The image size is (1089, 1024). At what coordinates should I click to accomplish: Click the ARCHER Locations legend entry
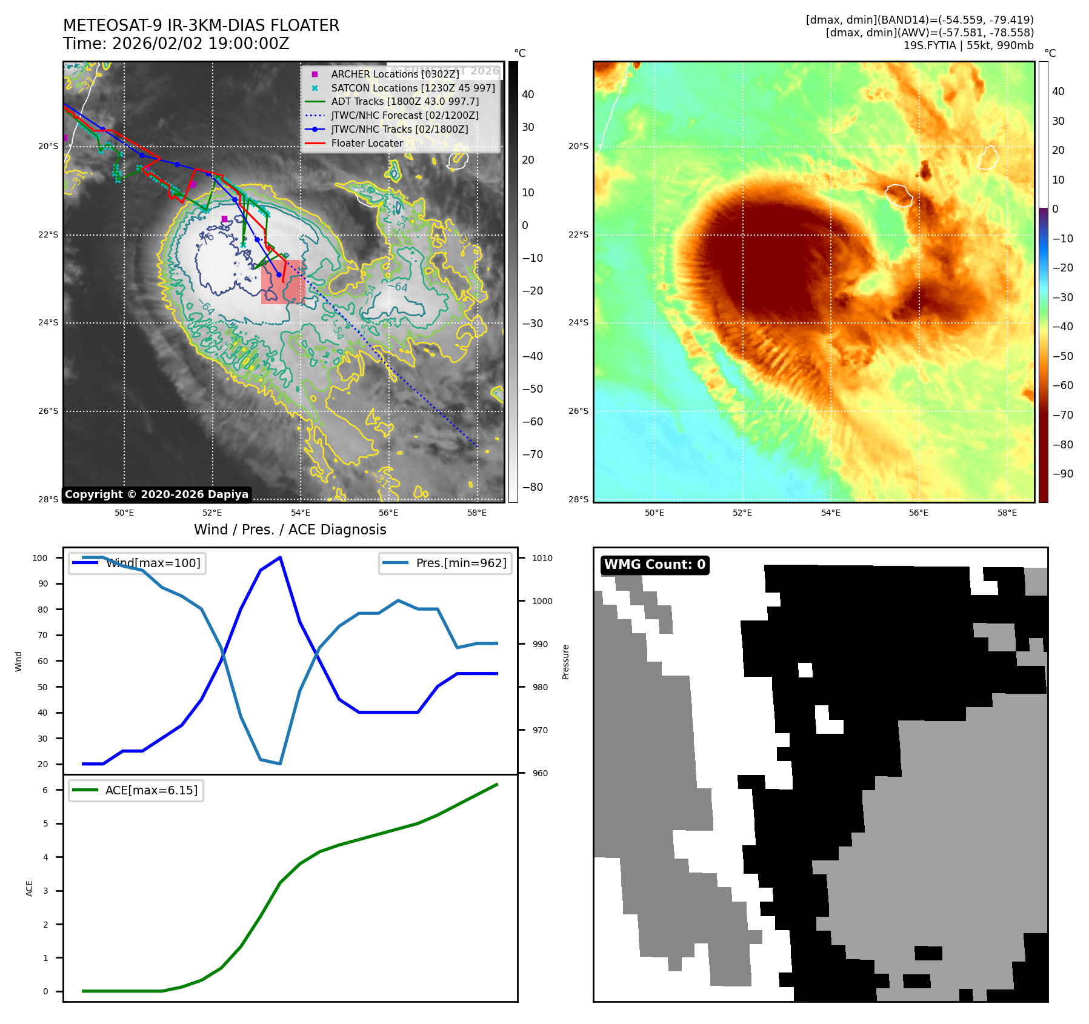[x=395, y=74]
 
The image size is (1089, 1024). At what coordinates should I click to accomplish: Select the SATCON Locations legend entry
[x=412, y=88]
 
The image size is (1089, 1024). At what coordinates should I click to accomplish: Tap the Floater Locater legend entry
[x=367, y=143]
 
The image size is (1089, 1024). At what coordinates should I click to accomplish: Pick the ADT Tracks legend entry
[x=404, y=101]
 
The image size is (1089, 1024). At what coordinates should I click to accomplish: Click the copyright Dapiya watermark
[x=156, y=494]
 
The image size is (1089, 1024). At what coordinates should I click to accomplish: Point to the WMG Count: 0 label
[x=654, y=565]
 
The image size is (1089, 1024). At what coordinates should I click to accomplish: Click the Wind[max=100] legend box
[x=138, y=563]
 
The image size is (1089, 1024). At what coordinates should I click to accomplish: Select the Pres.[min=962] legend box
[x=445, y=563]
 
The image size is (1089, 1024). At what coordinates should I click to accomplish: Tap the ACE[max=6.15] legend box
[x=136, y=790]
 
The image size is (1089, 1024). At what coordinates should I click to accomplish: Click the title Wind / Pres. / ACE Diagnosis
[x=290, y=530]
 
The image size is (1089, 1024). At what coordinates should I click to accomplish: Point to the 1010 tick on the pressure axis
[x=542, y=558]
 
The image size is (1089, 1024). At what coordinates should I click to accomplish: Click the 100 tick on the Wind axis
[x=40, y=558]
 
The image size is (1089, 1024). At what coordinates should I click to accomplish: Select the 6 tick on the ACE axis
[x=45, y=790]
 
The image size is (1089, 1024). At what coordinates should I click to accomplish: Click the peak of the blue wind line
[x=280, y=557]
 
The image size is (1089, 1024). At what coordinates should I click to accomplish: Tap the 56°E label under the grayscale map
[x=388, y=513]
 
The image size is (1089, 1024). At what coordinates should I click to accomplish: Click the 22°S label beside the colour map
[x=578, y=234]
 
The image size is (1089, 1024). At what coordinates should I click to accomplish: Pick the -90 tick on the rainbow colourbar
[x=1062, y=474]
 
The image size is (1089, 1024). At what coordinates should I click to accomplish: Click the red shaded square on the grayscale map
[x=282, y=282]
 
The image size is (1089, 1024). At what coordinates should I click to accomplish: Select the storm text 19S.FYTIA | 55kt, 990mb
[x=968, y=45]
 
